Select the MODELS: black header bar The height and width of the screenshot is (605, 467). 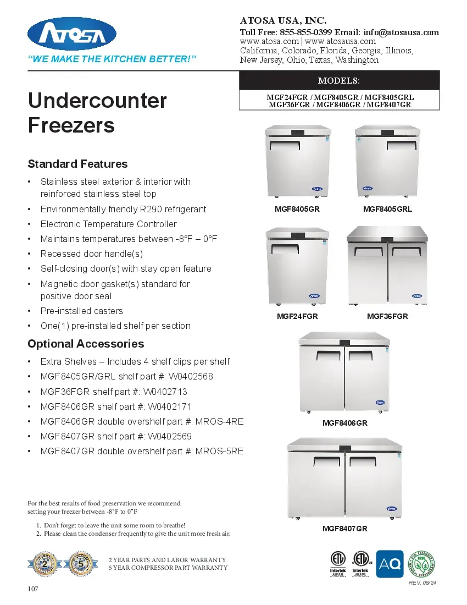pyautogui.click(x=339, y=80)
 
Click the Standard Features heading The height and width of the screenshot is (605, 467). pyautogui.click(x=77, y=164)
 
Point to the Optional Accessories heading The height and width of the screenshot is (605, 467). pyautogui.click(x=86, y=344)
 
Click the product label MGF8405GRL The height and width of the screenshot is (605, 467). pyautogui.click(x=387, y=209)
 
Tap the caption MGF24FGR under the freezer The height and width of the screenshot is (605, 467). pyautogui.click(x=297, y=316)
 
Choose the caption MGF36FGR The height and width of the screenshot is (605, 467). pyautogui.click(x=387, y=316)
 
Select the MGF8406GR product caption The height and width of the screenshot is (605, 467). pyautogui.click(x=344, y=423)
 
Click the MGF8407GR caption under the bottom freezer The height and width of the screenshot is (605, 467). pyautogui.click(x=344, y=529)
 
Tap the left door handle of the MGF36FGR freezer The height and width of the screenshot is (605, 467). pyautogui.click(x=368, y=252)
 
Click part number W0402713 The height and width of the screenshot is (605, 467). pyautogui.click(x=165, y=392)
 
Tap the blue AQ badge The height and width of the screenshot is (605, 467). pyautogui.click(x=390, y=564)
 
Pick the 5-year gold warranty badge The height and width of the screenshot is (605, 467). pyautogui.click(x=81, y=563)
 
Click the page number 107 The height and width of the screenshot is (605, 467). pyautogui.click(x=33, y=589)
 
